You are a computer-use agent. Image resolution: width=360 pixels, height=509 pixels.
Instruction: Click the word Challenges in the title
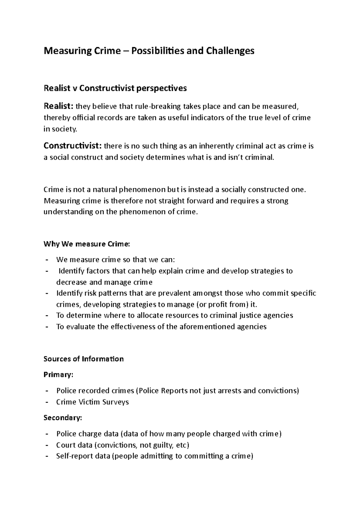coord(230,51)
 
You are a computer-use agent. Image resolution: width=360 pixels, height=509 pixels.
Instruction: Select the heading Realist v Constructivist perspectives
coord(115,88)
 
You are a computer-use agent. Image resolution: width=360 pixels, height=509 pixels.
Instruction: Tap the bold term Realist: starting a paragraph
coord(58,106)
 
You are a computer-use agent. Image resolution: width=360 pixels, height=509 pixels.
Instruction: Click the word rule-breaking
coord(158,106)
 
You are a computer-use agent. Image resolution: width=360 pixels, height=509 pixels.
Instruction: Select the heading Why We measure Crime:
coord(87,244)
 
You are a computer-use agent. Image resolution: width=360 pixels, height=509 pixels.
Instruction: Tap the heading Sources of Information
coord(83,359)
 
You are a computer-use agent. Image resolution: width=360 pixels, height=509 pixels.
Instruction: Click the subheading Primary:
coord(58,375)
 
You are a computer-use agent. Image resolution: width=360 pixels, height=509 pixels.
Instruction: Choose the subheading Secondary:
coord(62,418)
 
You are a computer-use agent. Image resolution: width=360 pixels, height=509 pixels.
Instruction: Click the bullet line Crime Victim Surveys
coord(92,402)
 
